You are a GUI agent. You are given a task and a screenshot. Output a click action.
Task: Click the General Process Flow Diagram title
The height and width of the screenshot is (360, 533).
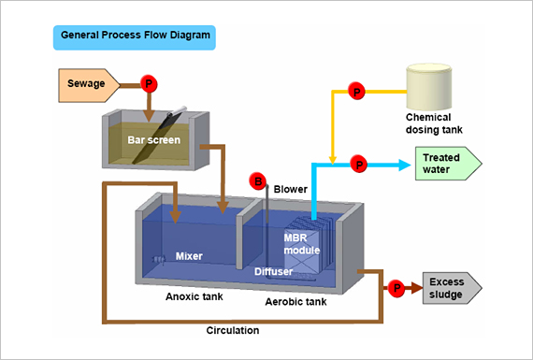coord(134,37)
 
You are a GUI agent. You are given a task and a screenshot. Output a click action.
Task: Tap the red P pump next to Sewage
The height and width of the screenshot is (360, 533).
coord(148,84)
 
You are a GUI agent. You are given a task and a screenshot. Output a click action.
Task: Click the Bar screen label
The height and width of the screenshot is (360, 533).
coord(153,140)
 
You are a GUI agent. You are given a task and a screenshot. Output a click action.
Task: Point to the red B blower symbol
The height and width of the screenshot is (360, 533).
coord(257,180)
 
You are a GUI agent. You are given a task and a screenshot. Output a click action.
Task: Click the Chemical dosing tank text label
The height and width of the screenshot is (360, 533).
coord(434,123)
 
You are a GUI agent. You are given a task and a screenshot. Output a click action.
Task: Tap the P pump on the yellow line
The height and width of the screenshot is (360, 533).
coord(355,91)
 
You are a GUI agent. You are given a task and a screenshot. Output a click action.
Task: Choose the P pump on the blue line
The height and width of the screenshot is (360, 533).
coord(358,165)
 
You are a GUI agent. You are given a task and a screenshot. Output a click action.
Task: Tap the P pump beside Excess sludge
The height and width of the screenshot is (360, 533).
coord(396,288)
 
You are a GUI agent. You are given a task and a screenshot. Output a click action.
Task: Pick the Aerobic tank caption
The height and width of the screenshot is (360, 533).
coord(295,303)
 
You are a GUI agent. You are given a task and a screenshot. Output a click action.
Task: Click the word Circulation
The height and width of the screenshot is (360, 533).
coord(232,330)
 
